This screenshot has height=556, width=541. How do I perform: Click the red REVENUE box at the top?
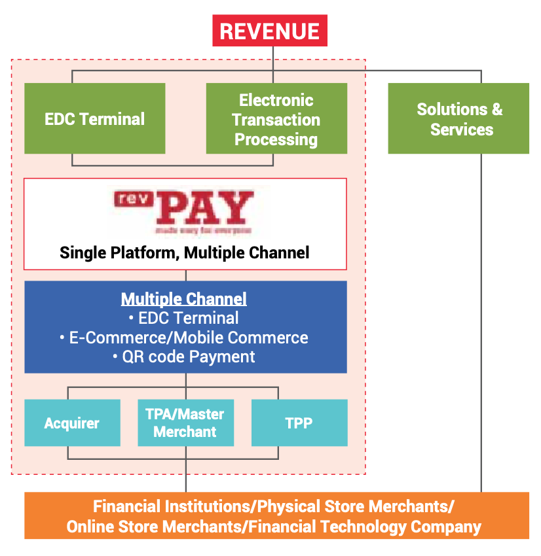point(269,31)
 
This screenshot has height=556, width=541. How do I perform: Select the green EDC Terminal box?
point(95,118)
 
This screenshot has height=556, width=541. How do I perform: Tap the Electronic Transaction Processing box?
point(276,119)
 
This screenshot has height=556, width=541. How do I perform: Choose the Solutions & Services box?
point(458,118)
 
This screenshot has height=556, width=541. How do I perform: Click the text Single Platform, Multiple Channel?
point(184,252)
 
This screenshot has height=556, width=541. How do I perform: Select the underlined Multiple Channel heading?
point(184,300)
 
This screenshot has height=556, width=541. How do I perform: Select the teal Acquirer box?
point(72,423)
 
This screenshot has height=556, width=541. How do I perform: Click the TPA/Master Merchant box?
point(185,423)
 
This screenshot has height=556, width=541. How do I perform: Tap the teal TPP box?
point(299,423)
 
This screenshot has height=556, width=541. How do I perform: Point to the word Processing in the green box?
point(276,139)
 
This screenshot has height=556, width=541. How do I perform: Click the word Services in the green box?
point(461,129)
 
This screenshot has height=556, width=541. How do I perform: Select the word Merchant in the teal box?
point(185,432)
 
